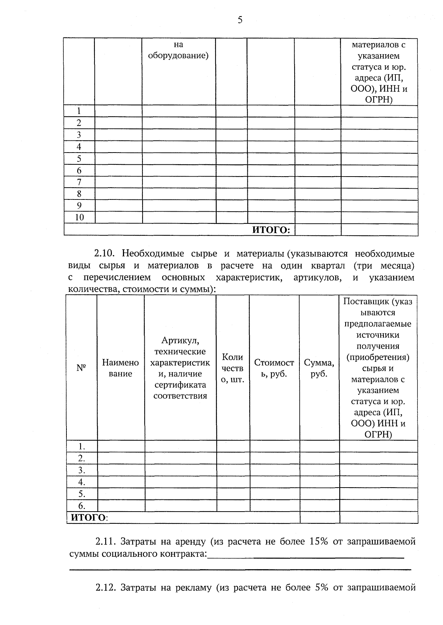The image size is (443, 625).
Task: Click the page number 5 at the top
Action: (240, 20)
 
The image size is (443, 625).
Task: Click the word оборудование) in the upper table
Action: (178, 56)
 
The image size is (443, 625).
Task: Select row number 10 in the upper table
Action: (79, 217)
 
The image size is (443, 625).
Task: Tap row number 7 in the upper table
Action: (79, 182)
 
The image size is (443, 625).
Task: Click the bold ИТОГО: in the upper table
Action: (271, 230)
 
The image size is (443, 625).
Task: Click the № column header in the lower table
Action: (81, 368)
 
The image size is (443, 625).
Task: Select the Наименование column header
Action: (120, 368)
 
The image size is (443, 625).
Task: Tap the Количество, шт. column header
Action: (233, 368)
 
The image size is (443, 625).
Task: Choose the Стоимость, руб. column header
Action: (274, 368)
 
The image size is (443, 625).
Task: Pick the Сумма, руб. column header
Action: (319, 368)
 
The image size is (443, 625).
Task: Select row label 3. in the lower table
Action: (82, 470)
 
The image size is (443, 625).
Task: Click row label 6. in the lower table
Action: (82, 506)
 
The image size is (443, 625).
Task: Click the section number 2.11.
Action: (106, 542)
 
